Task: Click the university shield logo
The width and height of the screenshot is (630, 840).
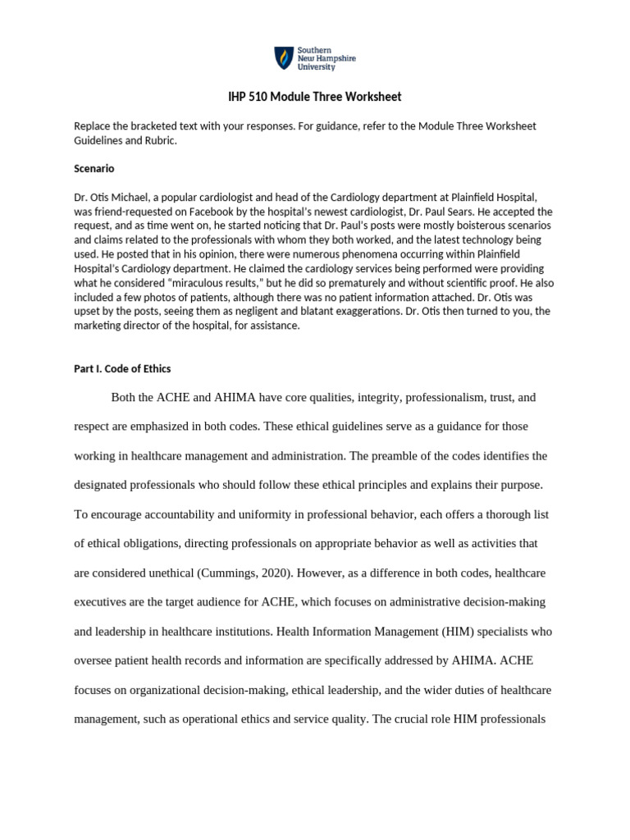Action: pos(283,59)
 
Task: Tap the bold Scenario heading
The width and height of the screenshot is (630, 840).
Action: pos(94,168)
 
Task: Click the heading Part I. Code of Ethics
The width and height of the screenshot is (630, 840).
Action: pos(122,368)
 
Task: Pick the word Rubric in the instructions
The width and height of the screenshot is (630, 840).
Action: pos(158,140)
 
